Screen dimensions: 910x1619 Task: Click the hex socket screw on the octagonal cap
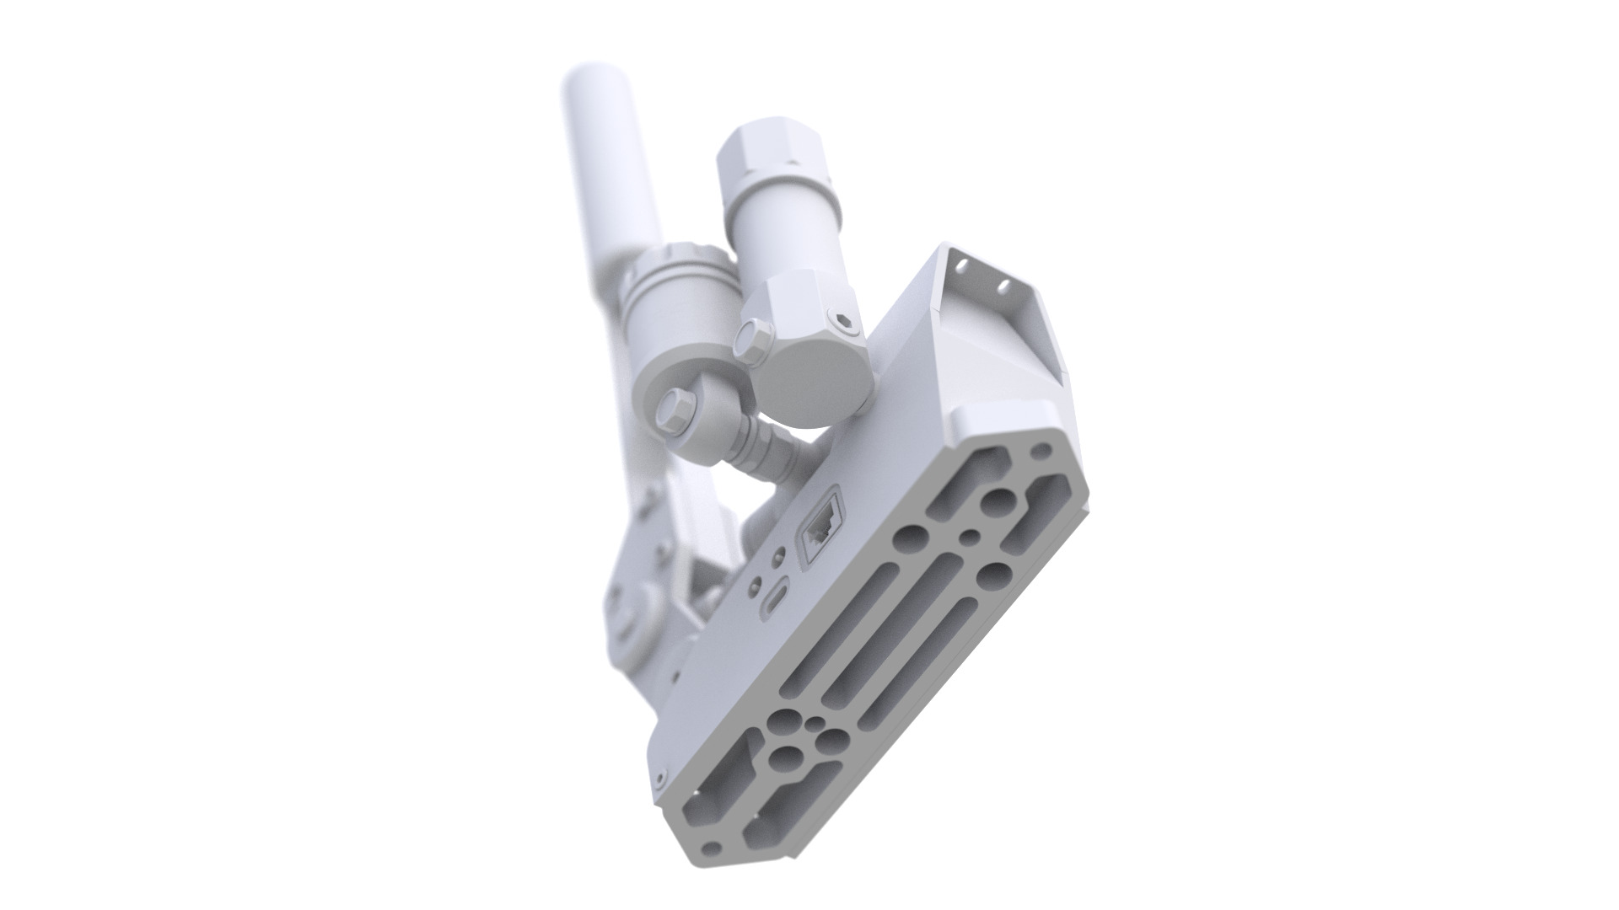tap(847, 321)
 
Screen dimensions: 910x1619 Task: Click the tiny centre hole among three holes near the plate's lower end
tap(816, 727)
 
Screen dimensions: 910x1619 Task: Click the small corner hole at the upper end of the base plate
tap(1046, 448)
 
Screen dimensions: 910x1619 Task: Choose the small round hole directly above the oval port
tap(778, 555)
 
